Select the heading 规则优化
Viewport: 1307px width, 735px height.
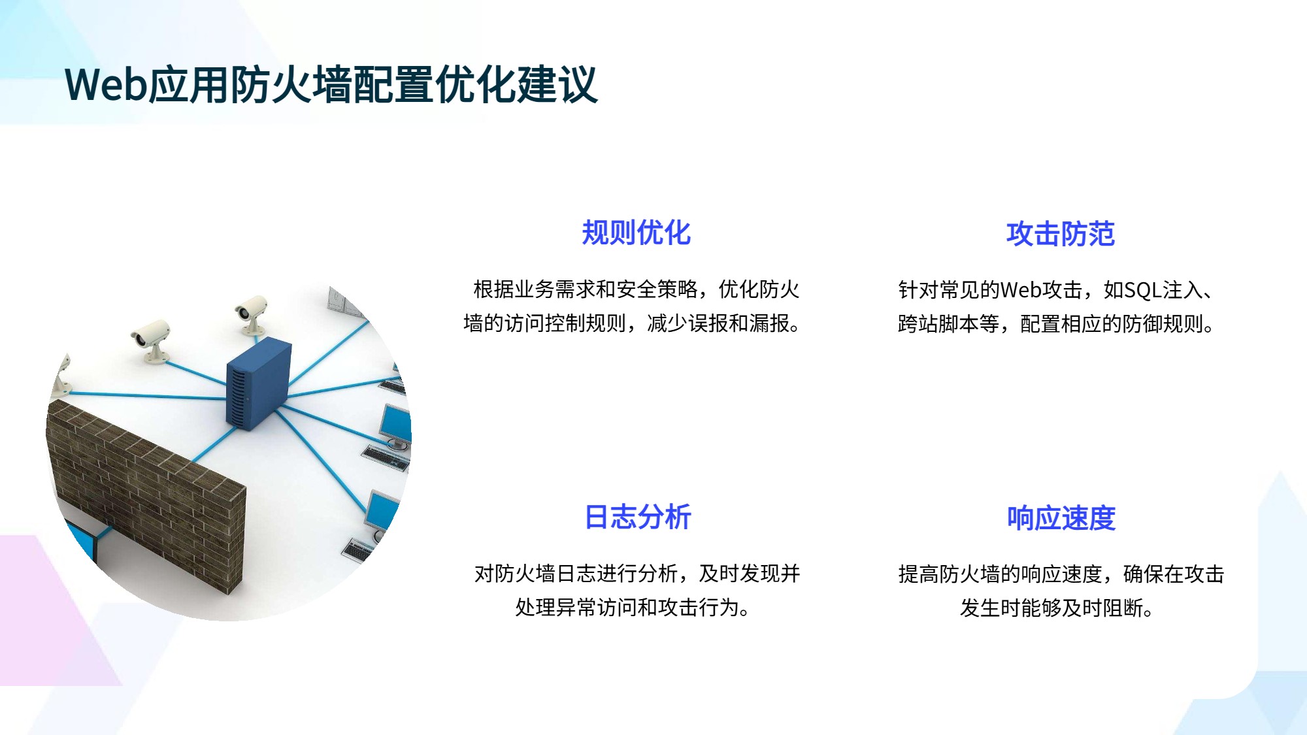pos(637,233)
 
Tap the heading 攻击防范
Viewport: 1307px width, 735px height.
pos(1061,234)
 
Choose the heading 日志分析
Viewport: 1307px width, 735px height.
pos(638,517)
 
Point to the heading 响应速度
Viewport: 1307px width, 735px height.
pos(1061,518)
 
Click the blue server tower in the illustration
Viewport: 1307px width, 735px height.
pos(258,385)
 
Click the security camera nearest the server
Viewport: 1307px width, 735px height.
pos(252,314)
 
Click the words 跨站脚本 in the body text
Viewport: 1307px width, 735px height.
pos(938,323)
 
